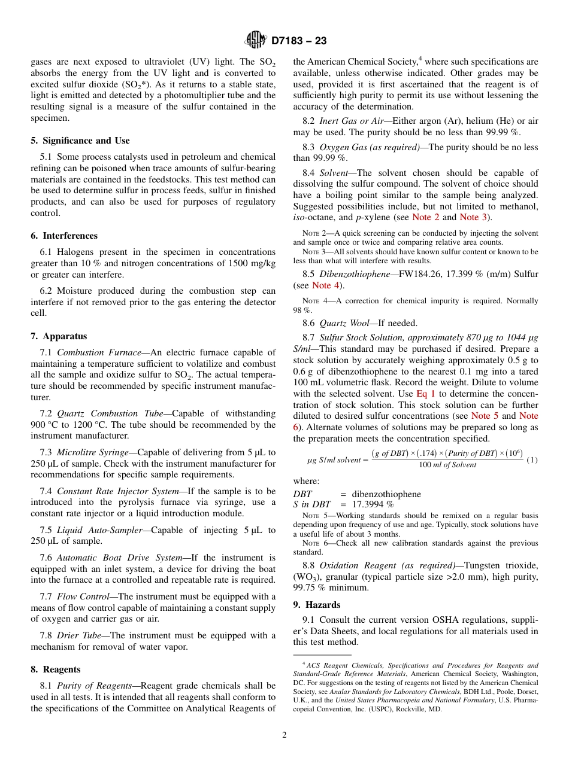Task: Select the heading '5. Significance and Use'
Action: [80, 141]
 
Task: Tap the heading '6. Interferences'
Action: [64, 236]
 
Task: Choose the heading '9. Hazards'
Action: [316, 605]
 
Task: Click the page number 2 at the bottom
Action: [284, 735]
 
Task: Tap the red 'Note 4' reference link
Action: [326, 285]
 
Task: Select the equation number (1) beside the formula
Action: [532, 459]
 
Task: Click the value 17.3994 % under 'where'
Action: [373, 504]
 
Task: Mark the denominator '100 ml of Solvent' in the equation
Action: [447, 465]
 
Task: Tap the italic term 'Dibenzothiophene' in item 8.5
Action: [352, 274]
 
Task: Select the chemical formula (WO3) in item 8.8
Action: [308, 577]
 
